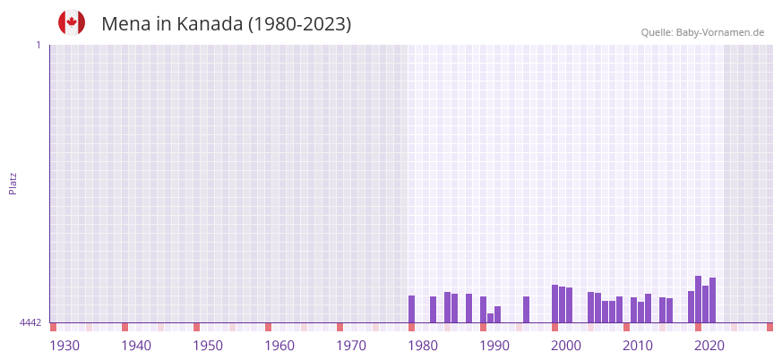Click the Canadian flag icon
coord(72,23)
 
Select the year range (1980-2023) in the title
coord(299,24)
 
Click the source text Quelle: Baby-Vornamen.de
coord(702,32)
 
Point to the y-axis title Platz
coord(13,183)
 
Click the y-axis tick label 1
coord(38,45)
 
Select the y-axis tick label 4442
coord(30,322)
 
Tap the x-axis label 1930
coord(64,346)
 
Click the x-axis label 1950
coord(208,346)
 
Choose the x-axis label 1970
coord(351,346)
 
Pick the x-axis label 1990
coord(494,346)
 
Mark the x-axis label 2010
coord(638,346)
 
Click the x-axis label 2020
coord(709,346)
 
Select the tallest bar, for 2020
coord(698,299)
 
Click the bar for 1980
coord(411,309)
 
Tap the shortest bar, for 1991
coord(490,318)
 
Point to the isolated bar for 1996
coord(526,309)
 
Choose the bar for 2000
coord(554,304)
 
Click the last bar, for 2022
coord(712,300)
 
